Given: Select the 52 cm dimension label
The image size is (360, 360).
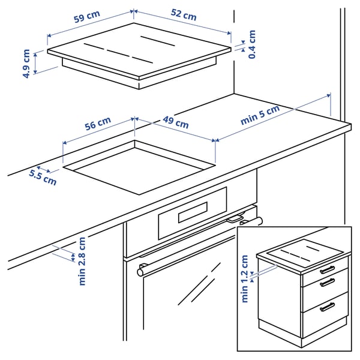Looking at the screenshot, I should click(x=183, y=16).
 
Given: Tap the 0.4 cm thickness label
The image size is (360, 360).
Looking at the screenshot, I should click(x=252, y=44).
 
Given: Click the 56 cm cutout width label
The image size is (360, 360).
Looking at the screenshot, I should click(x=98, y=125).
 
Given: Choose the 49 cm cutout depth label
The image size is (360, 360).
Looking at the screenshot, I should click(x=175, y=123).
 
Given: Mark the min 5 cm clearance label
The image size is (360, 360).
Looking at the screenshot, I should click(x=260, y=115).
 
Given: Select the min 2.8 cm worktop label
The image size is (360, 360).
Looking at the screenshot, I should click(x=82, y=261).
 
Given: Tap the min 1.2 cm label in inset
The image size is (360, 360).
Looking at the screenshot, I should click(x=245, y=279).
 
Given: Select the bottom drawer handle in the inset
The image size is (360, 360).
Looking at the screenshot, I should click(x=327, y=307).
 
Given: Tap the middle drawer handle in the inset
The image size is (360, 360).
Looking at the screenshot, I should click(x=327, y=283).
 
